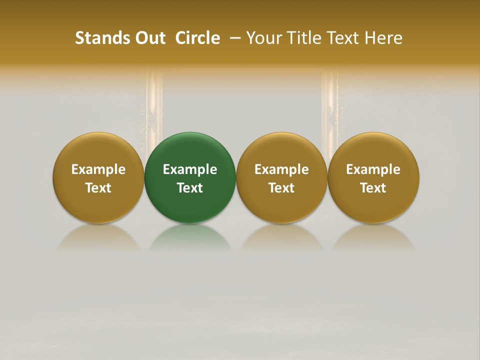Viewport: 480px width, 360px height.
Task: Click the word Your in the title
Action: pyautogui.click(x=262, y=38)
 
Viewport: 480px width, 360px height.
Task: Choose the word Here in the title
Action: pyautogui.click(x=383, y=38)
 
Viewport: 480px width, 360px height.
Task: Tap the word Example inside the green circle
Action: pyautogui.click(x=190, y=169)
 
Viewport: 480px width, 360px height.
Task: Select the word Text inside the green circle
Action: pyautogui.click(x=190, y=188)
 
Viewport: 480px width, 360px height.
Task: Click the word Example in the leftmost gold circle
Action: pyautogui.click(x=98, y=169)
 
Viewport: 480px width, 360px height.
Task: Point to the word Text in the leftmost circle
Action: pyautogui.click(x=98, y=188)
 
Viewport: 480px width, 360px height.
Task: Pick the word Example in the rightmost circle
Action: pyautogui.click(x=373, y=169)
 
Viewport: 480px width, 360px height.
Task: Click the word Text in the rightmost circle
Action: pyautogui.click(x=373, y=188)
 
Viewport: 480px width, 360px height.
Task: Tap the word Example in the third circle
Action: pyautogui.click(x=281, y=169)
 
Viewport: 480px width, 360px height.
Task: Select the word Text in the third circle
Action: pyautogui.click(x=281, y=188)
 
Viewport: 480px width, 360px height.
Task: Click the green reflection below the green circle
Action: pyautogui.click(x=190, y=237)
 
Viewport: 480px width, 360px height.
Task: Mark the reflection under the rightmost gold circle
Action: pyautogui.click(x=373, y=237)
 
